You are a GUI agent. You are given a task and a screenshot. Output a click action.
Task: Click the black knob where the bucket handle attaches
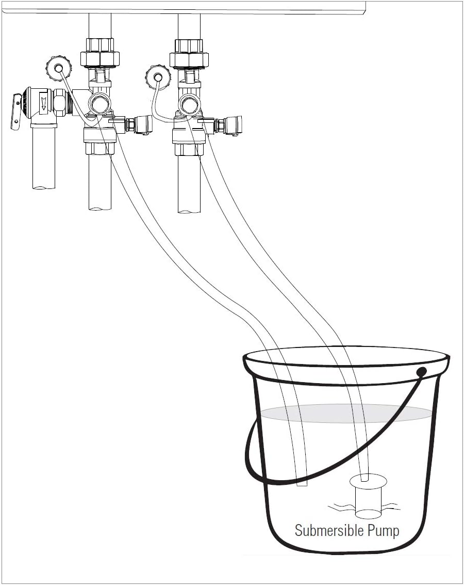(421, 372)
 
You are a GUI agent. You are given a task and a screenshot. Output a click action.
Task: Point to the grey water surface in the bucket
(346, 413)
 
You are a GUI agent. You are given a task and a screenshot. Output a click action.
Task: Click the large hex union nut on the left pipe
(100, 58)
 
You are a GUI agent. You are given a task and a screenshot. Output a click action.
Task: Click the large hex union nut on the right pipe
(189, 59)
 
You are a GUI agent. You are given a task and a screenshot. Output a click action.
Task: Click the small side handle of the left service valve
(143, 124)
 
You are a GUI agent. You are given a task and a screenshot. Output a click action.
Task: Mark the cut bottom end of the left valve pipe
(100, 208)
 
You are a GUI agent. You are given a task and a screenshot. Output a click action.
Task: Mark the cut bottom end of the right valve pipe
(189, 210)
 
